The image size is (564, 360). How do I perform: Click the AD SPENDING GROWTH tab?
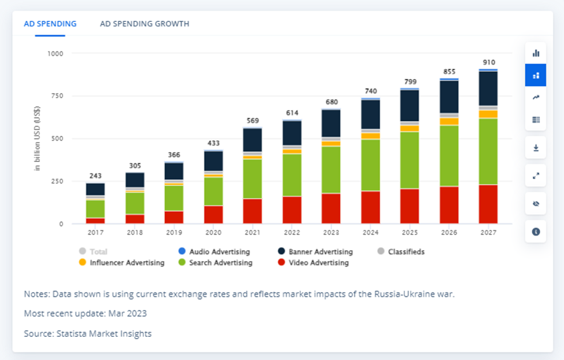(x=144, y=24)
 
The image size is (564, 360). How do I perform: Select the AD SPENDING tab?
(x=50, y=24)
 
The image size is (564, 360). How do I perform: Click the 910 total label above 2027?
(x=489, y=62)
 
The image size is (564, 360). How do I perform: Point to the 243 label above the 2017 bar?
(x=95, y=176)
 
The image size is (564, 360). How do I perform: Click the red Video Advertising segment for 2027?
(x=489, y=204)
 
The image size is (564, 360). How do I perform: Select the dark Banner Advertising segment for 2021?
(x=253, y=140)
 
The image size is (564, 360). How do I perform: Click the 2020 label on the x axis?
(x=213, y=232)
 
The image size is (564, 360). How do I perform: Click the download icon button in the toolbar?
(x=536, y=148)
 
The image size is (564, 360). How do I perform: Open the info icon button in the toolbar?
(x=536, y=232)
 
